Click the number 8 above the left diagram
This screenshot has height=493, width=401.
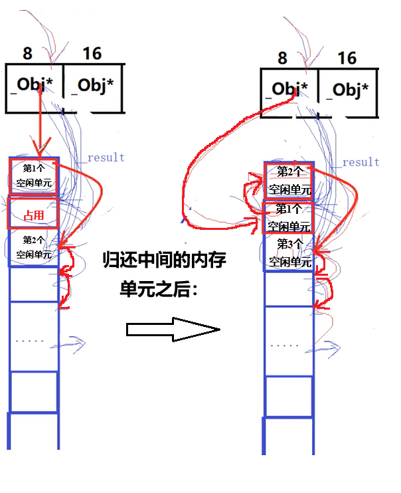click(x=27, y=52)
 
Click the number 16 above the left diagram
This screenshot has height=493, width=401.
click(x=92, y=52)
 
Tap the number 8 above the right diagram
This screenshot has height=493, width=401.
click(x=282, y=58)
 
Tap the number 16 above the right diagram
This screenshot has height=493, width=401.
click(x=347, y=58)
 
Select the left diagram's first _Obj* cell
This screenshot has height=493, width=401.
click(x=35, y=86)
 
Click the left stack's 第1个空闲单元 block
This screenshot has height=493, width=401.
click(x=34, y=175)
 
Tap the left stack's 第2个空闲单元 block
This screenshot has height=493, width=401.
click(x=34, y=247)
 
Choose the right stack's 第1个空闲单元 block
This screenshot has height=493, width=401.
click(x=289, y=217)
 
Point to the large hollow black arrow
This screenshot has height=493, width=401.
click(x=173, y=329)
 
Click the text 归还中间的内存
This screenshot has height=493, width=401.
click(x=164, y=260)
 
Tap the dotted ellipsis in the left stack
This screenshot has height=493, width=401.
click(x=30, y=340)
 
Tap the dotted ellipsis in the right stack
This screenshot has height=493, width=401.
click(x=285, y=345)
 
